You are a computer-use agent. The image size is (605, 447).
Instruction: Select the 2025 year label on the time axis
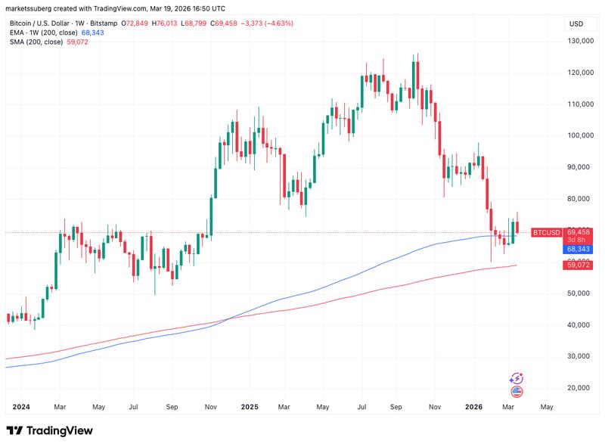click(x=250, y=407)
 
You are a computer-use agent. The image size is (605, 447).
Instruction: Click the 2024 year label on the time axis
click(x=20, y=407)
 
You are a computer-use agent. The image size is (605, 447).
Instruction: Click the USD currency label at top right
click(x=576, y=23)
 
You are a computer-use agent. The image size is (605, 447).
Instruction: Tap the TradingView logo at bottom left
click(x=50, y=430)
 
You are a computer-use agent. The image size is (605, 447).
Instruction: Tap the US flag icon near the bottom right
click(x=517, y=391)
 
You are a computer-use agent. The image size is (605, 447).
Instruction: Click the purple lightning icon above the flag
click(x=517, y=377)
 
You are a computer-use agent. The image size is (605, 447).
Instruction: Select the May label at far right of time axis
click(x=547, y=407)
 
